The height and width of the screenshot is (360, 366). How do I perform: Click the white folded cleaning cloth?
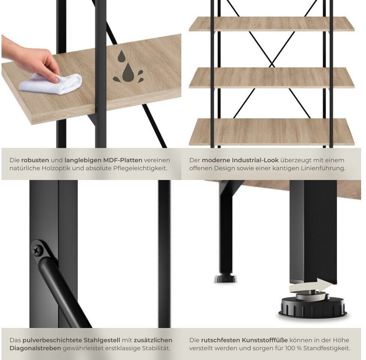point(50,84)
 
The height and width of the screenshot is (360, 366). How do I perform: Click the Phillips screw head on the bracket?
point(37,250)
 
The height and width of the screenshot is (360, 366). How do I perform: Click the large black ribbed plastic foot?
point(313,306)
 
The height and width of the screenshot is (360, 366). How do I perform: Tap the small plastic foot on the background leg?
point(225,279)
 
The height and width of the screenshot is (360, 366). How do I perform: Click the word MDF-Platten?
point(123,160)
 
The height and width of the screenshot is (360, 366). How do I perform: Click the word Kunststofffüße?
point(265,340)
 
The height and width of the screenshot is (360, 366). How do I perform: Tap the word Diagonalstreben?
point(35,348)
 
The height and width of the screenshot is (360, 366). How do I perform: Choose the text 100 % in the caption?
point(292,348)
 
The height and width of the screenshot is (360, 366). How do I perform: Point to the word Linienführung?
point(322,168)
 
